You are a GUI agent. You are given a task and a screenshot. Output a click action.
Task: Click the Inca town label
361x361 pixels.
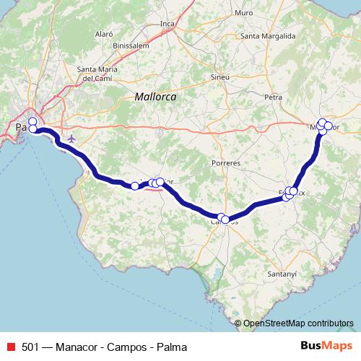pos(168,24)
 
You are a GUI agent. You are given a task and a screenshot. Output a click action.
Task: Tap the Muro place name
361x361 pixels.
pos(243,13)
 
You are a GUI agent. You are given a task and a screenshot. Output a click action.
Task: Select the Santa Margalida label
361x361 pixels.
pos(269,36)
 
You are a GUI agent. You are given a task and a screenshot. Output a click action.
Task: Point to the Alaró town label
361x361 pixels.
pos(105,33)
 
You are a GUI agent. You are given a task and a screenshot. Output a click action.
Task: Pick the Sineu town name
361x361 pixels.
pos(220,76)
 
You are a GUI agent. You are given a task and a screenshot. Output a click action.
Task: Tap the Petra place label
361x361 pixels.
pos(273,96)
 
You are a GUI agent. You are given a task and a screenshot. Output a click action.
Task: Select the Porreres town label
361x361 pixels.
pos(226,163)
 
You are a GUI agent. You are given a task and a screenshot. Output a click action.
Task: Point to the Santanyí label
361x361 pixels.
pos(282,274)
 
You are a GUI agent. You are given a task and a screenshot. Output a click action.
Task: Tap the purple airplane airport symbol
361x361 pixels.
pos(70,138)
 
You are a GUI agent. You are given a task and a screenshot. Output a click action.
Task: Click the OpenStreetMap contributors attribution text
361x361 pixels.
pos(297,323)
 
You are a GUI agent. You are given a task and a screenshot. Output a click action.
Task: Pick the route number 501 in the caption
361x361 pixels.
pos(30,347)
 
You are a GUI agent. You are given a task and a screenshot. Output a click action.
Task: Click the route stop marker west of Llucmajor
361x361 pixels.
pos(134,186)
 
